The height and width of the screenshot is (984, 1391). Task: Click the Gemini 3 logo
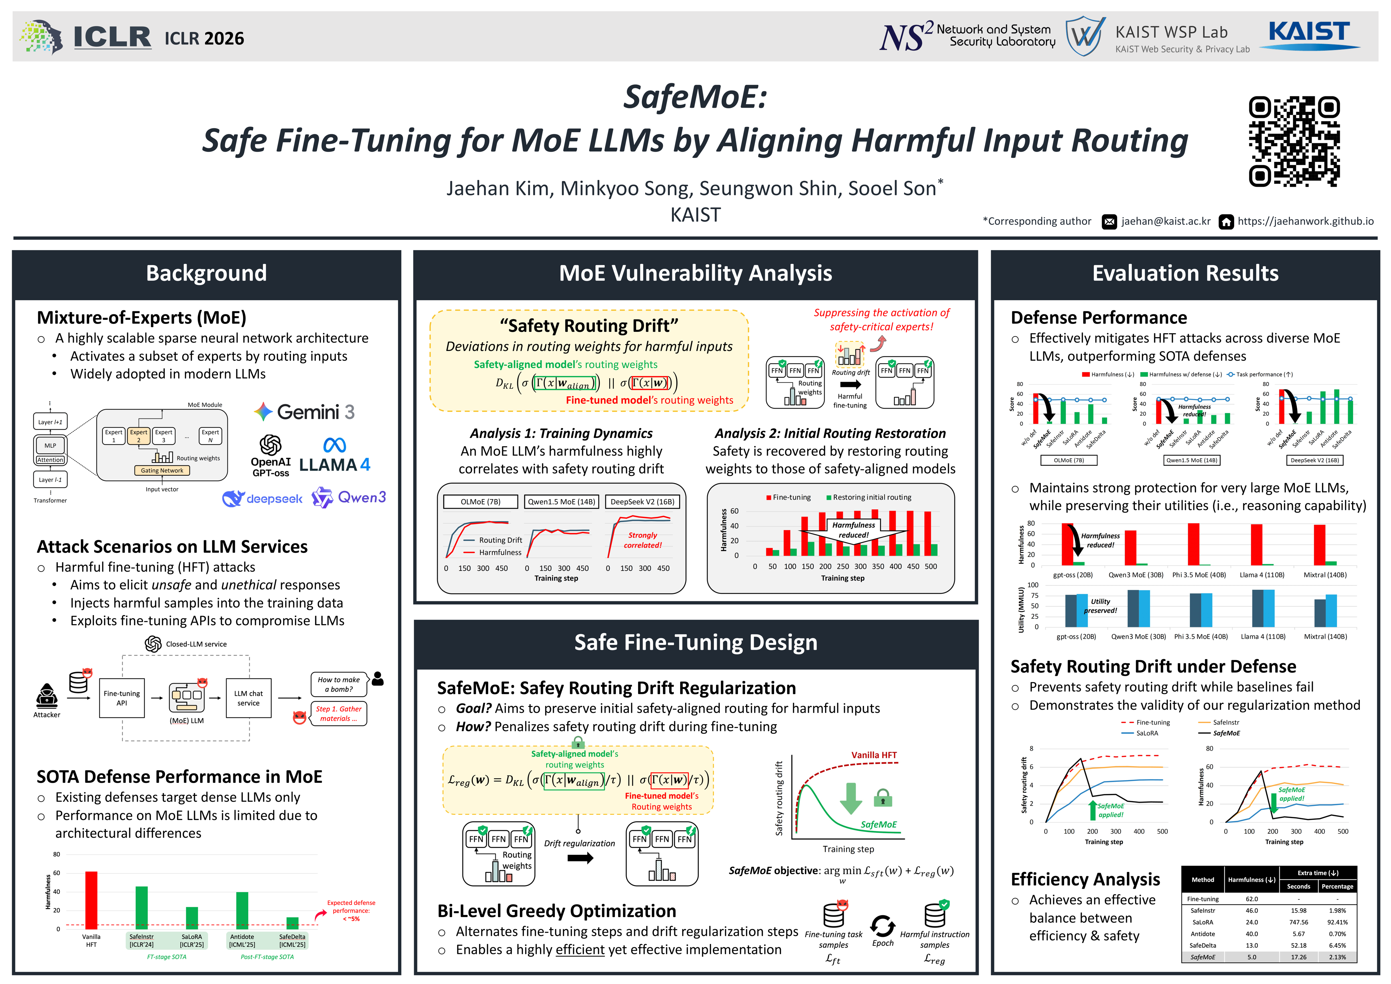(x=304, y=412)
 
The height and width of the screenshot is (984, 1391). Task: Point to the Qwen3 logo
(x=349, y=497)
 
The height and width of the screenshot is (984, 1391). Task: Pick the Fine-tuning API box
(x=122, y=698)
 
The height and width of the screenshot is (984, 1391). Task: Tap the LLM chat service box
(x=248, y=698)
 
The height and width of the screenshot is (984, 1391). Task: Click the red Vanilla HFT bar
(x=92, y=900)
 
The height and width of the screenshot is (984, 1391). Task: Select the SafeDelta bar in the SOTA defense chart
(x=293, y=923)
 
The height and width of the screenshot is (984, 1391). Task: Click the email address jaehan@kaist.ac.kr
(x=1166, y=221)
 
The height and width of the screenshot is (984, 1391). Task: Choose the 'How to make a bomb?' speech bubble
(x=339, y=684)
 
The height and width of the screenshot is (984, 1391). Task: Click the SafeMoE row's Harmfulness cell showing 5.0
(x=1252, y=957)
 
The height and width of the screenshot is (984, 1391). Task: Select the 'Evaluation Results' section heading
(x=1185, y=273)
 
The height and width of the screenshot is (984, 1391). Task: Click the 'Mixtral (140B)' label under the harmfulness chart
(x=1325, y=575)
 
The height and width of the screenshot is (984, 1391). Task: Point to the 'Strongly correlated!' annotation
(x=643, y=540)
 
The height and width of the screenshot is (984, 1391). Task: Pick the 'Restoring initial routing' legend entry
(x=869, y=497)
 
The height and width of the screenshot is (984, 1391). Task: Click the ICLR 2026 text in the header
(x=204, y=39)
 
